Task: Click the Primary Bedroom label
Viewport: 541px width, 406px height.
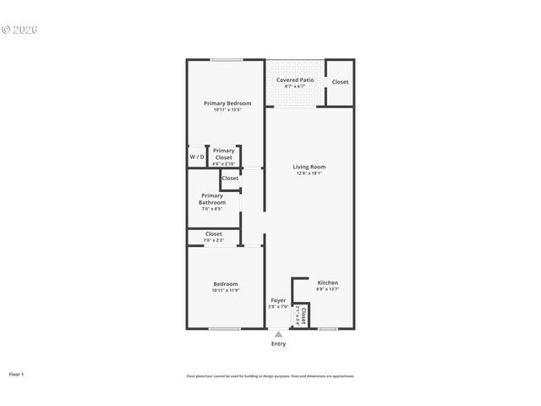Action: [x=227, y=103]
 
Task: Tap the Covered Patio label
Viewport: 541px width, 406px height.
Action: [x=294, y=80]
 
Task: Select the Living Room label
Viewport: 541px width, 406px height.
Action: [x=309, y=167]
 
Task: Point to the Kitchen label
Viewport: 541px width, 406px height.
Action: [x=327, y=283]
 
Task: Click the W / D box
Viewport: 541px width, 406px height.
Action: [x=196, y=157]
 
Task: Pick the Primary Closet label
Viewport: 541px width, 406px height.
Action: [x=223, y=154]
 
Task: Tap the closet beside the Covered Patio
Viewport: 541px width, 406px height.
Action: [x=340, y=82]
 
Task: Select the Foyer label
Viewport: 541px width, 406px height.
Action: [x=278, y=300]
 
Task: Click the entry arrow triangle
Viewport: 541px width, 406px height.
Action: [x=278, y=335]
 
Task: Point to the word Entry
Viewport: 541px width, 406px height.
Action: [x=278, y=343]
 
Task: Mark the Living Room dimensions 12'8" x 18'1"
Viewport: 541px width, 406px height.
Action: [x=309, y=174]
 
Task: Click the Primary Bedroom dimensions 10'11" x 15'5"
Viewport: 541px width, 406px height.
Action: [x=227, y=110]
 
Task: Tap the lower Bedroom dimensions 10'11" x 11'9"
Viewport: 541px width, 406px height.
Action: [x=225, y=291]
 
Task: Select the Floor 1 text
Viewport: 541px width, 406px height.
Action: [x=16, y=374]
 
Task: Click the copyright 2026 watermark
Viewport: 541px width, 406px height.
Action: [x=19, y=30]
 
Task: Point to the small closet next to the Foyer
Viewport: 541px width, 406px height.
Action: [x=301, y=316]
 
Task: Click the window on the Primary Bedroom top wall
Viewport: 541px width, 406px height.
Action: [x=227, y=59]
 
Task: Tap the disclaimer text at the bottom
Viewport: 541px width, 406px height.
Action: [x=270, y=376]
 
